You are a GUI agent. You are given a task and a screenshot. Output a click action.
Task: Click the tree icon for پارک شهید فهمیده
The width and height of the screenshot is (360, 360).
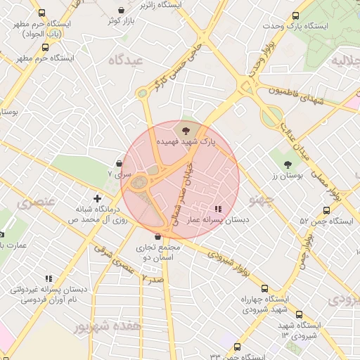click(185, 131)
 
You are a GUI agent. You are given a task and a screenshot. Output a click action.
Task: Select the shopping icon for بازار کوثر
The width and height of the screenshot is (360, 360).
click(122, 11)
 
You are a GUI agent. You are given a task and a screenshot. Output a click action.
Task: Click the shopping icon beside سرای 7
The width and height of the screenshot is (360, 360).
click(120, 162)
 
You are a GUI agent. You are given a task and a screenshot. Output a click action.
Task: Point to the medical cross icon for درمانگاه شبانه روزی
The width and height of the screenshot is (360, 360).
click(98, 199)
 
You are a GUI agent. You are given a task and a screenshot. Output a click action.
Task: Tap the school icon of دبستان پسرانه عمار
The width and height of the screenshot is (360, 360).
click(217, 209)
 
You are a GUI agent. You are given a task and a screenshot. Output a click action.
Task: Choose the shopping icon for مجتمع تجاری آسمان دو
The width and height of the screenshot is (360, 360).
click(157, 237)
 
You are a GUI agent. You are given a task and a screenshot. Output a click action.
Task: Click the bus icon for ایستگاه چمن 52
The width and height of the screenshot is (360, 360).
click(326, 210)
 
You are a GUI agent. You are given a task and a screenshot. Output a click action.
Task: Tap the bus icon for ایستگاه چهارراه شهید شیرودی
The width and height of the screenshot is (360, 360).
click(264, 288)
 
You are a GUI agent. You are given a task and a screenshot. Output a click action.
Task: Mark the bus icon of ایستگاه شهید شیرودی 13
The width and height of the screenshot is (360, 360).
click(299, 314)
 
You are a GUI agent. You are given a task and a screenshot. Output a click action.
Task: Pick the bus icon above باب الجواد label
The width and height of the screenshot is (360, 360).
click(41, 13)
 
